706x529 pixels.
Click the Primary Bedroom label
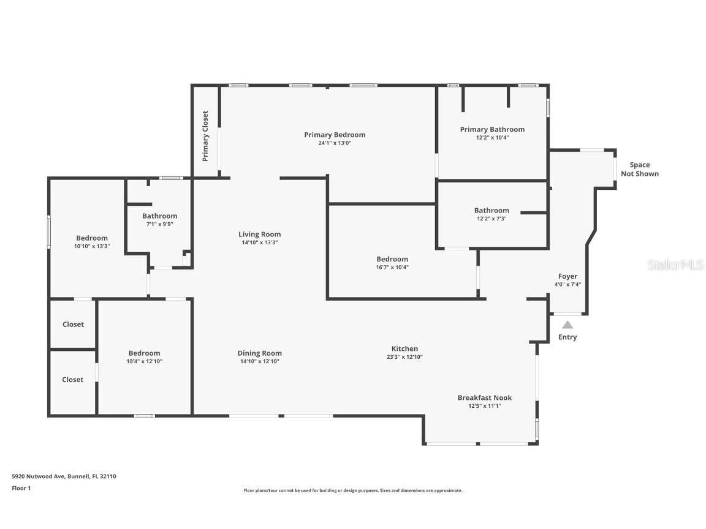pos(335,135)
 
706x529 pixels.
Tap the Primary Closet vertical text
pos(205,136)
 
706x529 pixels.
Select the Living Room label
pos(259,234)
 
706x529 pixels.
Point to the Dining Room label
pos(259,353)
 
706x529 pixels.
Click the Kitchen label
pos(404,348)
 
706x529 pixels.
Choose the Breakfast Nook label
pos(484,397)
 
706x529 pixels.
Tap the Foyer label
pos(567,276)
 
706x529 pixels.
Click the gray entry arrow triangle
pos(567,325)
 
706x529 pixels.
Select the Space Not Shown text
pos(639,169)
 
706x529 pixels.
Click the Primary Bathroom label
pos(492,129)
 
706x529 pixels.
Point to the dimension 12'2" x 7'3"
pos(491,219)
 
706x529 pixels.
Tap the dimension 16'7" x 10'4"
pos(392,268)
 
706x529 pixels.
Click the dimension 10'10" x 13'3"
pos(92,246)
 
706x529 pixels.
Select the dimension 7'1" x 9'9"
pos(159,224)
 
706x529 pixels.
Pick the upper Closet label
pos(73,325)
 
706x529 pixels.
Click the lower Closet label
pos(72,380)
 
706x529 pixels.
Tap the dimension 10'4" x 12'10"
pos(145,361)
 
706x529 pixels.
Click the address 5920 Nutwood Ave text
pos(64,476)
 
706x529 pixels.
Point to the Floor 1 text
pos(21,488)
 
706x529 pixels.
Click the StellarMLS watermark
pos(676,265)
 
